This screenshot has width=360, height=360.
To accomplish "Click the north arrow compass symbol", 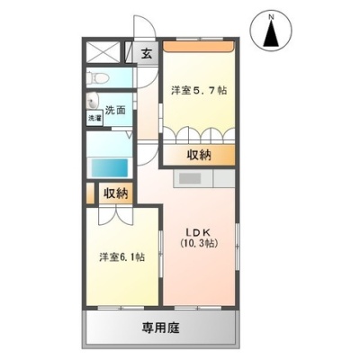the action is click(x=271, y=31).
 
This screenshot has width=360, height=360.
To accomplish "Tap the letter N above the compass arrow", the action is click(x=271, y=17).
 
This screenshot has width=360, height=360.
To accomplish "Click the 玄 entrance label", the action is click(x=147, y=54).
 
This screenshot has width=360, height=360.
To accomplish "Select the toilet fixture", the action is click(x=96, y=78).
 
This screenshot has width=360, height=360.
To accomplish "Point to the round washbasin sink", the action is click(x=93, y=101).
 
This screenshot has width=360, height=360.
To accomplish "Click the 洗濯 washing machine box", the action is click(x=94, y=118).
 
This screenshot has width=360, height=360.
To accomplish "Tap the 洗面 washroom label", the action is click(x=115, y=111).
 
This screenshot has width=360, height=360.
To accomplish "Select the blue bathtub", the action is click(x=110, y=167).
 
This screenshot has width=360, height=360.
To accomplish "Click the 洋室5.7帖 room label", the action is click(x=199, y=90).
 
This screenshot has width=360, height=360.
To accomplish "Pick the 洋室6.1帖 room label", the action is click(x=122, y=257).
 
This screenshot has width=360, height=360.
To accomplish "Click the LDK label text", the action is click(x=199, y=232).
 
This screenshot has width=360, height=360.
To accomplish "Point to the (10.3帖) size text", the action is click(x=199, y=243).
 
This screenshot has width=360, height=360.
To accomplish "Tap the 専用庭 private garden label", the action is click(x=160, y=328).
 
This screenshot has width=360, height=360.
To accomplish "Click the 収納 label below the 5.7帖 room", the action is click(x=199, y=155).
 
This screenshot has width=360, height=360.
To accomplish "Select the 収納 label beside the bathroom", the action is click(x=116, y=193).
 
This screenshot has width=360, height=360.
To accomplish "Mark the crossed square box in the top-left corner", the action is click(x=103, y=53).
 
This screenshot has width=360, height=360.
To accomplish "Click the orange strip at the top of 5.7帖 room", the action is click(x=198, y=46).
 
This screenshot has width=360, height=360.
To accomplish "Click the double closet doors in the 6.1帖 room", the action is click(x=116, y=215).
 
